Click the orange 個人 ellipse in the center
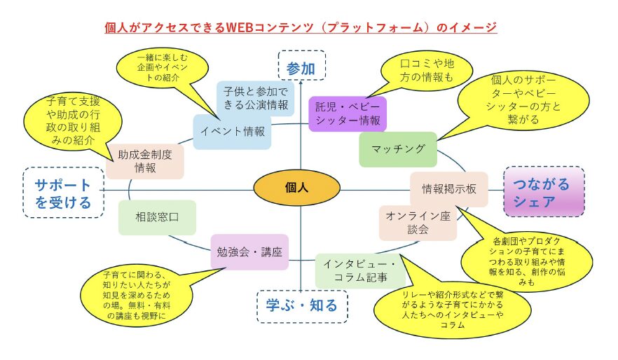pyautogui.click(x=296, y=188)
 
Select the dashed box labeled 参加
pyautogui.click(x=301, y=67)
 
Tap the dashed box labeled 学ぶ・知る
pyautogui.click(x=301, y=305)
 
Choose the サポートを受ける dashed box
pyautogui.click(x=63, y=193)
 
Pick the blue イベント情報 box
pyautogui.click(x=233, y=131)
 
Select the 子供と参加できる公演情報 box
pyautogui.click(x=255, y=97)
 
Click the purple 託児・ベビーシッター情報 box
pyautogui.click(x=348, y=114)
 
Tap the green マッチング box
pyautogui.click(x=397, y=148)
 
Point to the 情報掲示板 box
pyautogui.click(x=448, y=189)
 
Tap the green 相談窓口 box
pyautogui.click(x=156, y=217)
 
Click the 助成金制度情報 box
pyautogui.click(x=145, y=160)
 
